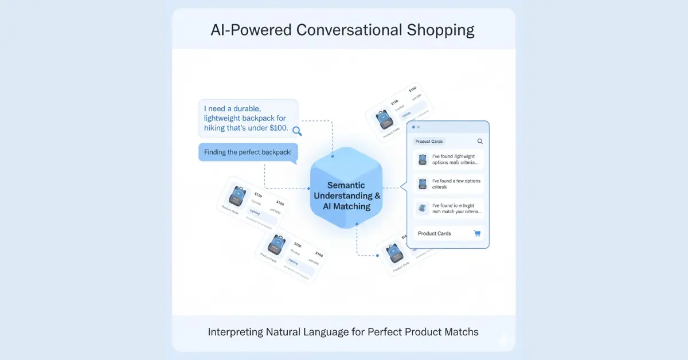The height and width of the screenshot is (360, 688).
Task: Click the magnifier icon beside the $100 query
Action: click(x=297, y=131)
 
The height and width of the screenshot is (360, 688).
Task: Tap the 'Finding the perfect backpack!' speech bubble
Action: click(x=248, y=152)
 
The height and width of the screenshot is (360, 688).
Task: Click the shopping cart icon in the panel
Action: click(x=477, y=233)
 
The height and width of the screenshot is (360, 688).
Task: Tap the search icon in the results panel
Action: click(x=480, y=141)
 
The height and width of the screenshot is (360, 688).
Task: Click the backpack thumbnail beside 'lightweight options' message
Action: click(x=423, y=159)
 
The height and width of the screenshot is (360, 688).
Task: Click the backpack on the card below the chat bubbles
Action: click(x=236, y=196)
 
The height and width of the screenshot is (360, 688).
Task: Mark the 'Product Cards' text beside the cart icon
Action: click(x=435, y=233)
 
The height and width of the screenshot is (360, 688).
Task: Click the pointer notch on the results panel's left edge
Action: click(x=403, y=186)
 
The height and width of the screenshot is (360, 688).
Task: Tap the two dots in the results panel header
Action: click(x=415, y=127)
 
